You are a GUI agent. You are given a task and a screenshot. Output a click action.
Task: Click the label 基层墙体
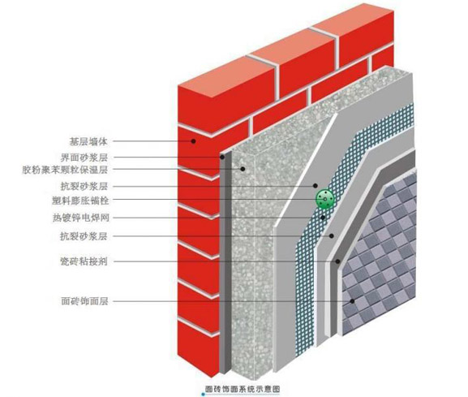click(x=88, y=141)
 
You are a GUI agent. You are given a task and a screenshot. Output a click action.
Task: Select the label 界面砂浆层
click(x=84, y=158)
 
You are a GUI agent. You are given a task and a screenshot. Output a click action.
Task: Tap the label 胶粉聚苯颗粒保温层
click(x=65, y=170)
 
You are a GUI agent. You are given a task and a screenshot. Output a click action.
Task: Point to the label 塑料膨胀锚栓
click(x=80, y=201)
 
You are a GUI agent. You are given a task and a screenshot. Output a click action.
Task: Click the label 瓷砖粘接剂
click(x=84, y=261)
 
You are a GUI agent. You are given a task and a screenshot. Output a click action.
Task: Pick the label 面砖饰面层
click(x=84, y=301)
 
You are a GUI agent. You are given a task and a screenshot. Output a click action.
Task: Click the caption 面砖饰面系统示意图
click(x=243, y=389)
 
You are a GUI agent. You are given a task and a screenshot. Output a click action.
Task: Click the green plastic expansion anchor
click(x=324, y=199)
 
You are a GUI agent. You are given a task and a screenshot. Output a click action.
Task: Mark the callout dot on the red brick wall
click(x=193, y=141)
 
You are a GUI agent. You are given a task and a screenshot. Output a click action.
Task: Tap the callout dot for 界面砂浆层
click(x=222, y=158)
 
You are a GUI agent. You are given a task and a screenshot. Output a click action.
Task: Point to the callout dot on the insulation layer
click(x=243, y=169)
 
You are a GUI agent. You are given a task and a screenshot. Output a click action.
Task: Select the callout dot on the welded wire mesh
click(x=323, y=218)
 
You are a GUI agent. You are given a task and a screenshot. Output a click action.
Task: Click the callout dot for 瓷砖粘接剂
click(x=337, y=261)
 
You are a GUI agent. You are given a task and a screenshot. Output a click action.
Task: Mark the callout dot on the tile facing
click(x=352, y=301)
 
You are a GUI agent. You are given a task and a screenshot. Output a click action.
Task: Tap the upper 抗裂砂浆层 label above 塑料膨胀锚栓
click(x=84, y=187)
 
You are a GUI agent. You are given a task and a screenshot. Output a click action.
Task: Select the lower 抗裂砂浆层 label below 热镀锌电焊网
click(x=84, y=236)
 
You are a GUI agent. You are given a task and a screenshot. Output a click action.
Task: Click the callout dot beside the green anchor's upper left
click(x=316, y=185)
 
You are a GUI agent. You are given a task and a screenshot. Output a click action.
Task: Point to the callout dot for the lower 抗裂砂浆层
click(x=331, y=236)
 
